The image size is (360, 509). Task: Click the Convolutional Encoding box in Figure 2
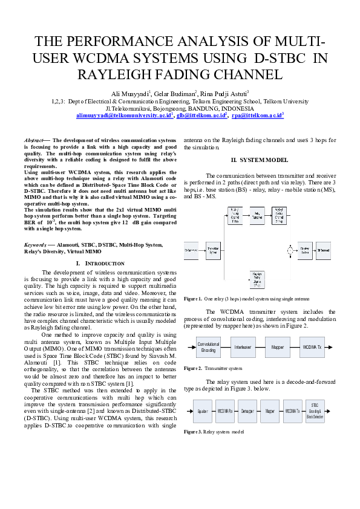[x=208, y=348]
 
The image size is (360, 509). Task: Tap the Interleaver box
[x=243, y=348]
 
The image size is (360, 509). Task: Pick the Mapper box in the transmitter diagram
[x=278, y=348]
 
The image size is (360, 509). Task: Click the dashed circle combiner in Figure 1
[x=291, y=249]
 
